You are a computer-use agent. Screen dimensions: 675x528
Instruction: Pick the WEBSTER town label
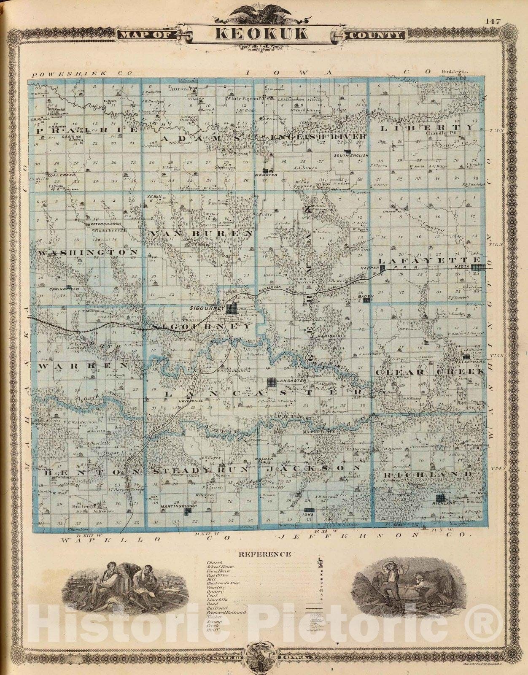265,174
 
